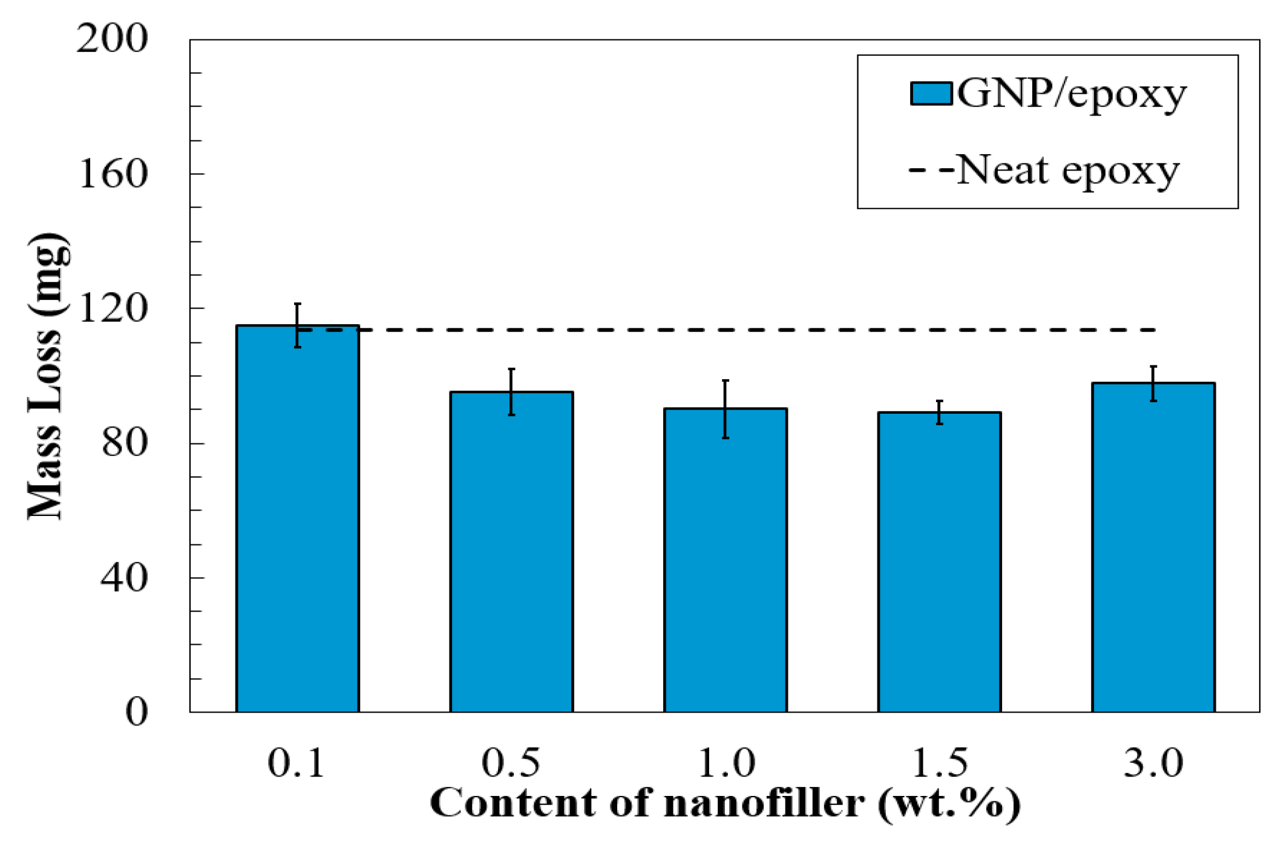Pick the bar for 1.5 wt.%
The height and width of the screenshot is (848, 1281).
[x=939, y=562]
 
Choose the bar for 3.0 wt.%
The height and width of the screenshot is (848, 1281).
[x=1153, y=547]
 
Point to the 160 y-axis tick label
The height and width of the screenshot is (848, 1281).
[x=113, y=174]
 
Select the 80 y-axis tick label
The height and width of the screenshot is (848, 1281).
[x=124, y=443]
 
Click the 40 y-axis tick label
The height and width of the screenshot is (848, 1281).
[x=124, y=578]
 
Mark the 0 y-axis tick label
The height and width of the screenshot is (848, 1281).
[x=136, y=712]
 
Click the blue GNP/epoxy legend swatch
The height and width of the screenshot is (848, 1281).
[x=931, y=94]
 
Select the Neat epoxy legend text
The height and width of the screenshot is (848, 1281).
[x=1068, y=171]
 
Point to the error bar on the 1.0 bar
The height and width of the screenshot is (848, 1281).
[x=725, y=409]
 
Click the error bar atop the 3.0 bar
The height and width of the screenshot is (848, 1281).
[x=1153, y=383]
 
